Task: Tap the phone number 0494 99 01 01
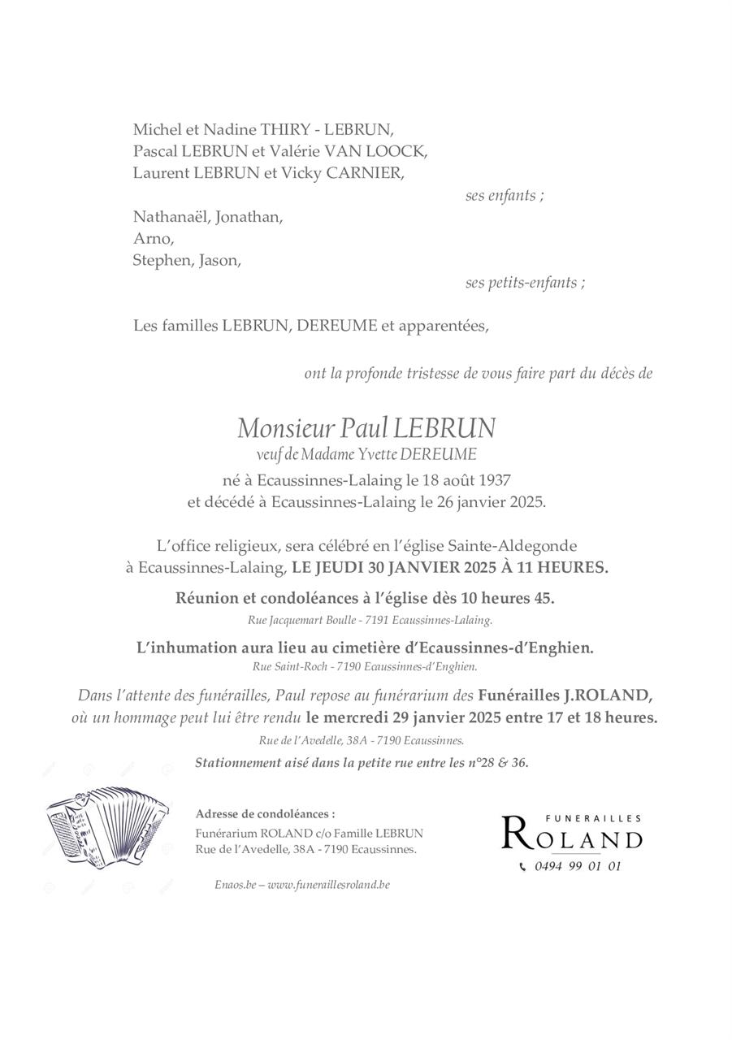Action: click(x=578, y=866)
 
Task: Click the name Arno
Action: click(x=153, y=239)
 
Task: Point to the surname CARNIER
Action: click(x=363, y=172)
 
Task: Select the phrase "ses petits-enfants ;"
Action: click(x=525, y=283)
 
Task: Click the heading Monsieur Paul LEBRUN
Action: click(x=366, y=427)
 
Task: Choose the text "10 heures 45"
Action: click(x=506, y=598)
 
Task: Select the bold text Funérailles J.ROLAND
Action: click(x=565, y=695)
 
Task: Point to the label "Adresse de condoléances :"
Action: click(x=265, y=813)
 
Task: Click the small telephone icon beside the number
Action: click(x=522, y=867)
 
